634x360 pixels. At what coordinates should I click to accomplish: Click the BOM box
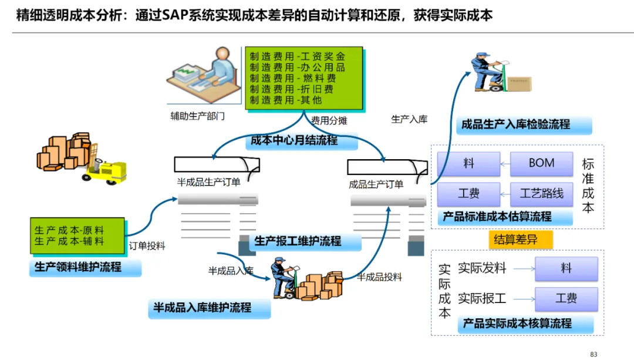pos(541,164)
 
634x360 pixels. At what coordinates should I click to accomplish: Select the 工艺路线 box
pos(541,193)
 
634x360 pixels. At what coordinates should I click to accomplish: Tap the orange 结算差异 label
pos(515,240)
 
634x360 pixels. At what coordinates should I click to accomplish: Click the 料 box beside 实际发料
pos(566,268)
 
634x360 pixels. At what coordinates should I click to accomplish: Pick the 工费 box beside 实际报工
pos(566,298)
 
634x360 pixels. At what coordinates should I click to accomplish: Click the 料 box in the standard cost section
pos(468,164)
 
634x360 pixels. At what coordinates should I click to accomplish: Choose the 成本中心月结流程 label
pos(294,141)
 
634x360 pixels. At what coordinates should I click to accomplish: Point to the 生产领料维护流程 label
pos(78,267)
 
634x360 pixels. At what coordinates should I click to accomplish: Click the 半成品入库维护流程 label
pos(203,308)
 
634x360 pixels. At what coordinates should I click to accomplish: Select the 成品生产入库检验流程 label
pos(515,125)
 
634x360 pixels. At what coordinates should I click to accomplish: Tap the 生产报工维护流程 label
pos(298,241)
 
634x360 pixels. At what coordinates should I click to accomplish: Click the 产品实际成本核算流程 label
pos(517,324)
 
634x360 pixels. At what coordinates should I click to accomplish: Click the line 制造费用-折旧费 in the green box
pos(292,89)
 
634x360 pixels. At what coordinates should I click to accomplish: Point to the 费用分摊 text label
pos(329,121)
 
